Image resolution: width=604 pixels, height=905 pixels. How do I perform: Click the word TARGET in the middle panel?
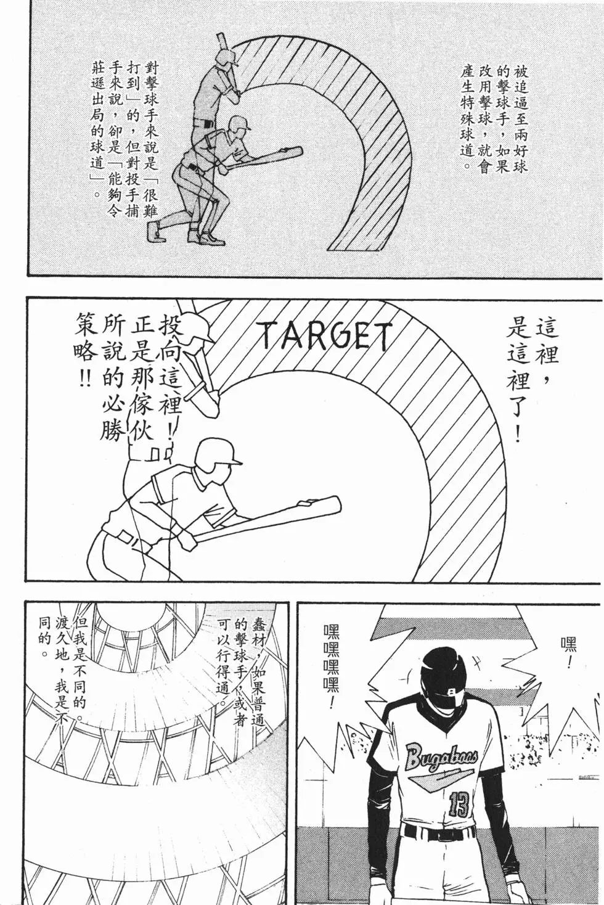tap(324, 336)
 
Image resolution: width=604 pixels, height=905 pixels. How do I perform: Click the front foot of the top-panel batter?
tap(153, 231)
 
